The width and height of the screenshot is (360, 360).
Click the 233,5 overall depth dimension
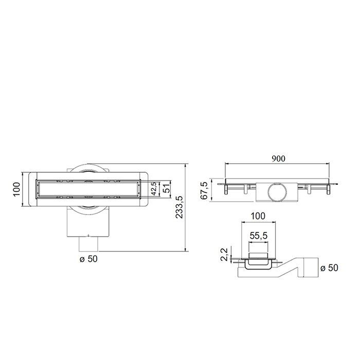click(x=179, y=208)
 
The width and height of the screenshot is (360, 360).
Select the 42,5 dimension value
click(x=153, y=189)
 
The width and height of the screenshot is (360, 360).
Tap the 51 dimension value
click(x=166, y=189)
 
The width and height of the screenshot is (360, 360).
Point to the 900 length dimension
click(x=279, y=159)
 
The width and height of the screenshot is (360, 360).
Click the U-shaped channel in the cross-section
click(x=258, y=265)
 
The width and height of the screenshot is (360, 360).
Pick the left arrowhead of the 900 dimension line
click(x=226, y=165)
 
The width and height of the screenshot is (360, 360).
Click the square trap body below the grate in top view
click(x=88, y=221)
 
